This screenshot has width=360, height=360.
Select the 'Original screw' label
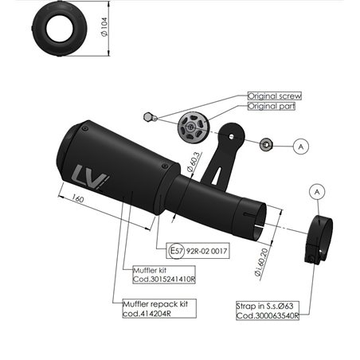click(275, 96)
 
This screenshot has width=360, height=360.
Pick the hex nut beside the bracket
click(267, 144)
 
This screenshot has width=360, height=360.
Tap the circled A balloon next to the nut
click(300, 147)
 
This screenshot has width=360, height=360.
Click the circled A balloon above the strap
click(317, 191)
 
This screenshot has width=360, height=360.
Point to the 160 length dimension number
click(78, 198)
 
